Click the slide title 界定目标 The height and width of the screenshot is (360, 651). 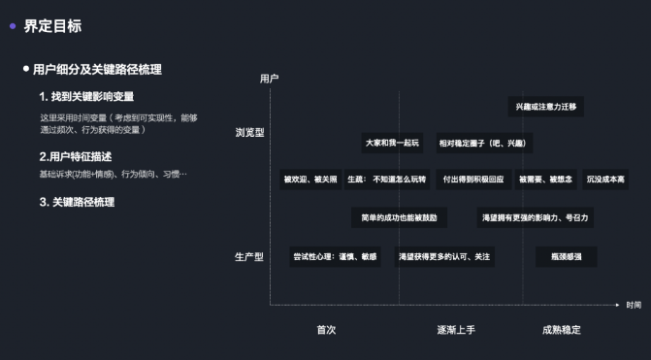click(x=52, y=26)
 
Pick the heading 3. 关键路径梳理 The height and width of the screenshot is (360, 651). click(x=77, y=202)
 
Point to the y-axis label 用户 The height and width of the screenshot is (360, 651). click(x=270, y=78)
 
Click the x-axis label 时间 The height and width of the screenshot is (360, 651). click(x=633, y=306)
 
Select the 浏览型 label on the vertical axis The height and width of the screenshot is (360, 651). click(x=249, y=132)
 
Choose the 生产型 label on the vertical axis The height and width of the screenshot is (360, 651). click(x=249, y=257)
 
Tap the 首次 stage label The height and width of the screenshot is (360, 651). click(x=326, y=330)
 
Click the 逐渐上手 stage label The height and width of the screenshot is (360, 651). click(x=456, y=330)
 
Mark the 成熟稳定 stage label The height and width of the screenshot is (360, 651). click(x=561, y=330)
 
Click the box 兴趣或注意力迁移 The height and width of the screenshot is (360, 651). click(x=545, y=107)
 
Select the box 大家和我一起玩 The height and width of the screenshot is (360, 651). click(x=392, y=143)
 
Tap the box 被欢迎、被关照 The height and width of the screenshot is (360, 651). click(x=310, y=180)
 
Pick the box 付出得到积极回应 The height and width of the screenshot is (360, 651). click(x=472, y=180)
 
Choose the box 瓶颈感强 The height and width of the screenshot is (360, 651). click(x=566, y=257)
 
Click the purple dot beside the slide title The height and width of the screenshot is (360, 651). click(x=13, y=26)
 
